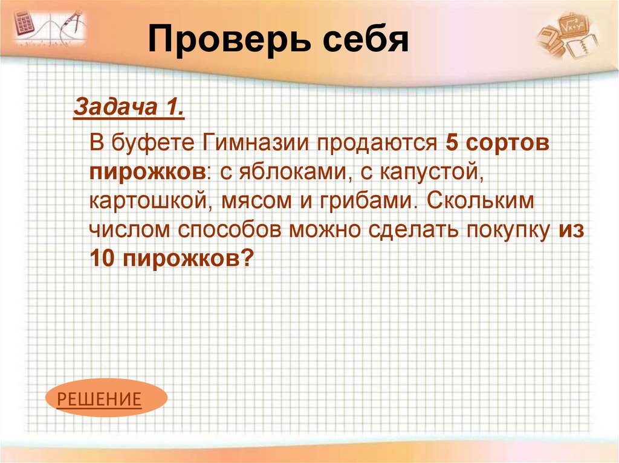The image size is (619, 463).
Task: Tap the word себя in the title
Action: tap(361, 41)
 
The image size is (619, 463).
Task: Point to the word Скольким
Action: tap(482, 201)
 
